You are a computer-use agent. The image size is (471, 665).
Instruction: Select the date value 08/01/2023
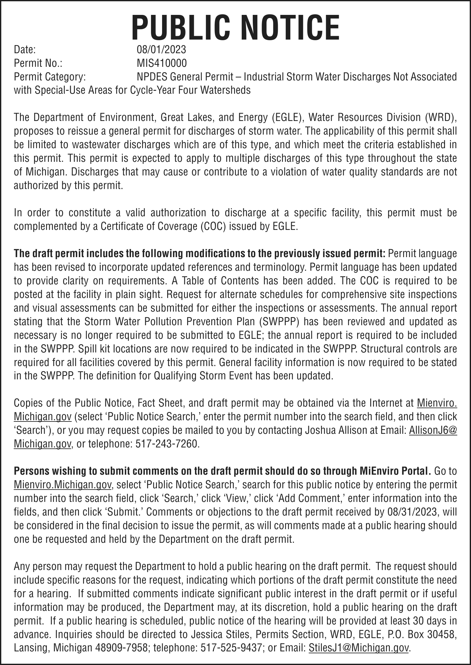[x=161, y=50]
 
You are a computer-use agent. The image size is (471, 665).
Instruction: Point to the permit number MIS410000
[x=161, y=63]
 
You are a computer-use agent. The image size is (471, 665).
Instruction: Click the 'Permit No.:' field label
[x=38, y=63]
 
